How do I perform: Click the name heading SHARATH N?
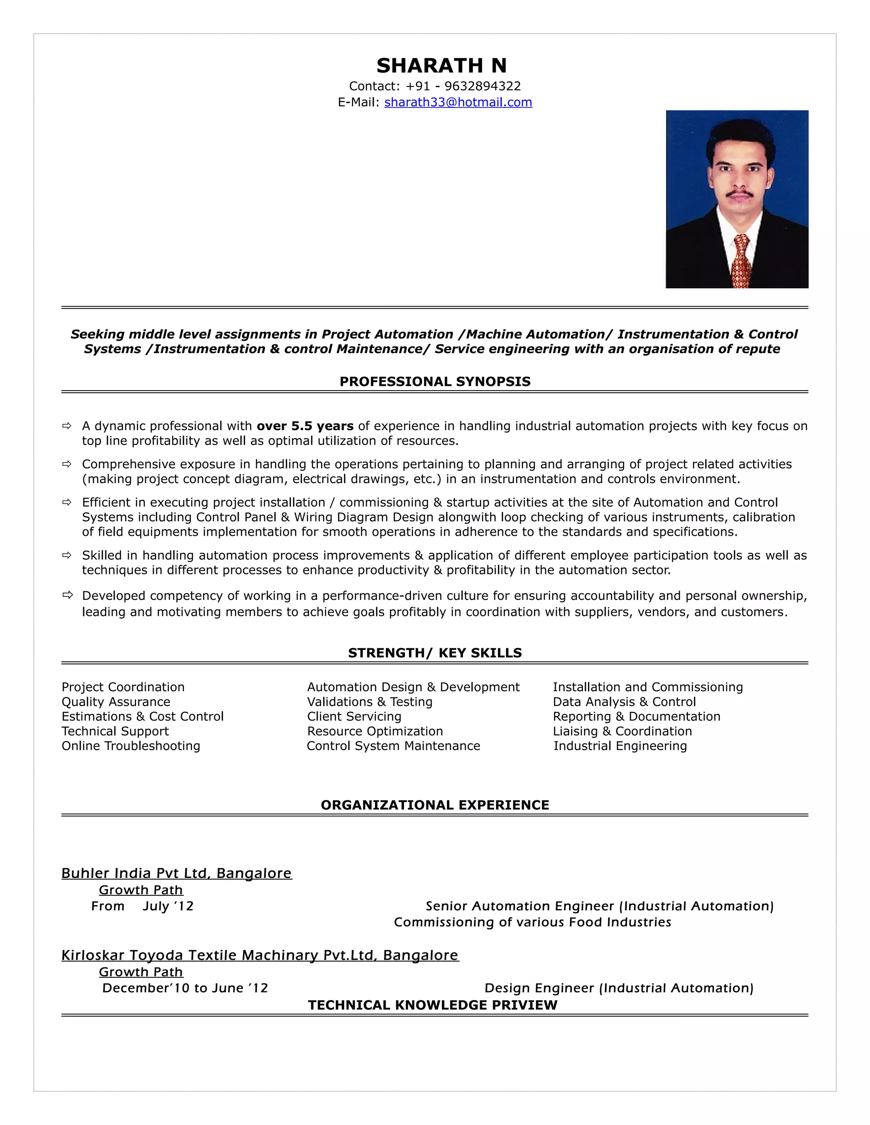point(441,66)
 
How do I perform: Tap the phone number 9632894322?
point(483,86)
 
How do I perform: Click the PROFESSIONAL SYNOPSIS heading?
point(435,382)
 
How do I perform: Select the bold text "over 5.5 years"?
point(305,426)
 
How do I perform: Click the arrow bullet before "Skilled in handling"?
point(67,555)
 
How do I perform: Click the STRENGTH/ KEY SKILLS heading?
point(435,653)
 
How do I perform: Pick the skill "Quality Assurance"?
point(116,702)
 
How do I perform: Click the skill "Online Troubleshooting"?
point(130,746)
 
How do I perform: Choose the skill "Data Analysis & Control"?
point(624,702)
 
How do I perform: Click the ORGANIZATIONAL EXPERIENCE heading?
point(435,805)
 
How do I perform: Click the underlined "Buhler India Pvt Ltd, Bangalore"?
point(176,874)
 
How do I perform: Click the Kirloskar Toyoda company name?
point(259,956)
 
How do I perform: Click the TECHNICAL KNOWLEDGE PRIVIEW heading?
point(432,1005)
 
